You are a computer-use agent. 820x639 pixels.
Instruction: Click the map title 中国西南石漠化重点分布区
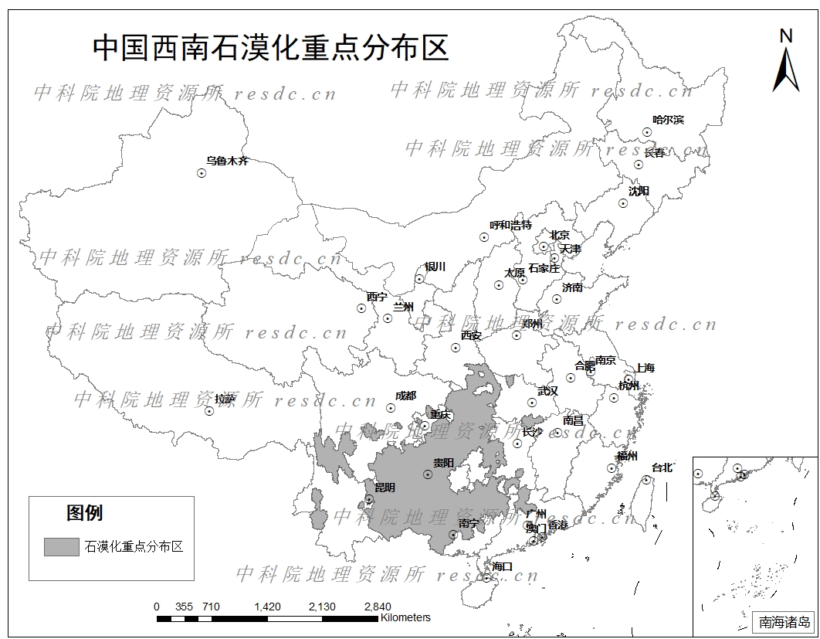click(270, 47)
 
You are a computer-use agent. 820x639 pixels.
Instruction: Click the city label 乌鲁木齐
click(227, 161)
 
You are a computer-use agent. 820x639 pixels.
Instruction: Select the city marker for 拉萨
click(208, 411)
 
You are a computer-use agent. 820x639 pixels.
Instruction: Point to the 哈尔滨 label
click(668, 120)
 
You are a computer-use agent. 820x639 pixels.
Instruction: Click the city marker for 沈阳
click(623, 204)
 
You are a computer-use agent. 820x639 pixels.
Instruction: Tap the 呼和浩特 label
click(510, 226)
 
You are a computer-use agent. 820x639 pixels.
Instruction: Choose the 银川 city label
click(435, 267)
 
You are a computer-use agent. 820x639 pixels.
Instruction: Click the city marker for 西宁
click(361, 308)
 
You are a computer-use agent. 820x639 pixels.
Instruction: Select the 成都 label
click(405, 396)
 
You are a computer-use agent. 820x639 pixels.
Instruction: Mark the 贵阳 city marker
click(427, 474)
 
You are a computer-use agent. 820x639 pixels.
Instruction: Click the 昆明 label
click(384, 488)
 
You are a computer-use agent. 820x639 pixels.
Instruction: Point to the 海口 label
click(502, 566)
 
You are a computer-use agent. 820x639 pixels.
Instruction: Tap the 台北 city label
click(662, 467)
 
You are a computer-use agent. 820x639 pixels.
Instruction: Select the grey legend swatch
click(62, 546)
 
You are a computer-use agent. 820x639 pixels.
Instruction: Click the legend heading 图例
click(84, 512)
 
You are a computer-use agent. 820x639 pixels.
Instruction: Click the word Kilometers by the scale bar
click(405, 617)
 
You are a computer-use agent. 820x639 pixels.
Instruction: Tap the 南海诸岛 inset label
click(784, 621)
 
